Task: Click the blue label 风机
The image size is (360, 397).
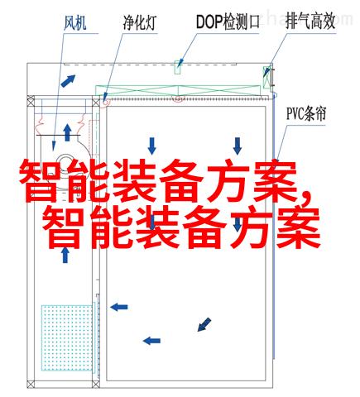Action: pyautogui.click(x=75, y=23)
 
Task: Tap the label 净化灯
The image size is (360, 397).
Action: pyautogui.click(x=139, y=23)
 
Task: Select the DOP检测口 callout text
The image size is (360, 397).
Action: pyautogui.click(x=228, y=22)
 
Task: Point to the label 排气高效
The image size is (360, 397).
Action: pyautogui.click(x=310, y=22)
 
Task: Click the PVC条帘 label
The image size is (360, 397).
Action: pyautogui.click(x=306, y=113)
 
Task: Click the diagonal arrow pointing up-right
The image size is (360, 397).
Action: pyautogui.click(x=68, y=81)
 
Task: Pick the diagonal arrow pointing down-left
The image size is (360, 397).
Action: pyautogui.click(x=204, y=324)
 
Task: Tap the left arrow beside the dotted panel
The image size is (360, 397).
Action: pyautogui.click(x=119, y=307)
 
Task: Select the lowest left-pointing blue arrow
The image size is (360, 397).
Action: pyautogui.click(x=151, y=341)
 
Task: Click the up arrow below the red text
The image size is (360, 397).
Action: pyautogui.click(x=65, y=255)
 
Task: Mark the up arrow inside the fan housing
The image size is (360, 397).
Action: pyautogui.click(x=67, y=132)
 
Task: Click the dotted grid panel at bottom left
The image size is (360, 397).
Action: pyautogui.click(x=67, y=337)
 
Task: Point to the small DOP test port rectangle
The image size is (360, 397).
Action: pyautogui.click(x=177, y=67)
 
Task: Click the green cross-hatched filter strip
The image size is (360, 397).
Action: pyautogui.click(x=178, y=91)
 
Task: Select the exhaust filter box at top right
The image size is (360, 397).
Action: pyautogui.click(x=266, y=77)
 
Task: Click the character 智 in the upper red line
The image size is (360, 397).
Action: pyautogui.click(x=38, y=181)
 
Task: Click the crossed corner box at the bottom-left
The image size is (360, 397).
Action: pyautogui.click(x=31, y=384)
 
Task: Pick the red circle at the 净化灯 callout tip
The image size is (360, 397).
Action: pyautogui.click(x=105, y=102)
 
